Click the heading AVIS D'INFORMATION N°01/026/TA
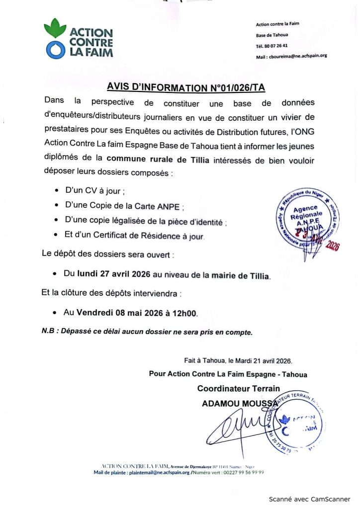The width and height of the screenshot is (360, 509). pyautogui.click(x=186, y=87)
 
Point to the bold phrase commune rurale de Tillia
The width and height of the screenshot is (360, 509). pyautogui.click(x=161, y=159)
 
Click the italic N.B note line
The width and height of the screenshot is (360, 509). pyautogui.click(x=147, y=331)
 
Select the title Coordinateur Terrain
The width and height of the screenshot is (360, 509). pyautogui.click(x=239, y=388)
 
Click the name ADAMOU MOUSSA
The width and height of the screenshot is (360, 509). pyautogui.click(x=240, y=404)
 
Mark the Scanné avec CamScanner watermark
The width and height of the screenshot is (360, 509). pyautogui.click(x=309, y=499)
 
